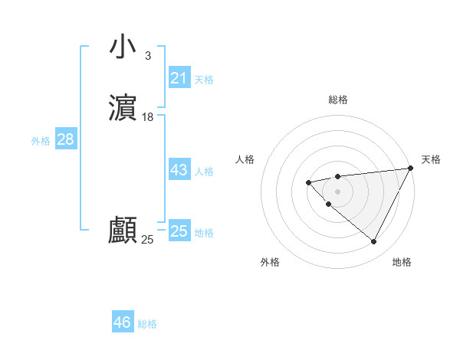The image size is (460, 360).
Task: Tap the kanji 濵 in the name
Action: tap(123, 107)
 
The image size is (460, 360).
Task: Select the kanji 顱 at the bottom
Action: tap(123, 231)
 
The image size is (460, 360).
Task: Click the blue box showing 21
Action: tap(179, 77)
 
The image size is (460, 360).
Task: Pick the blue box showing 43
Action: tap(179, 170)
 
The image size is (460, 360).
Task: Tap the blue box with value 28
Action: tap(65, 139)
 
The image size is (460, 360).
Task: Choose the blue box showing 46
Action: tap(123, 322)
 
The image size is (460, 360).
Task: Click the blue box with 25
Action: tap(179, 231)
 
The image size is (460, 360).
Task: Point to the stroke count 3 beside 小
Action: tap(147, 56)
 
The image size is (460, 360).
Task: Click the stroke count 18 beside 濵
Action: tap(148, 117)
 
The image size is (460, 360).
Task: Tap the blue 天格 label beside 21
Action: tap(204, 80)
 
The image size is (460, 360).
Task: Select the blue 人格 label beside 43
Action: tap(205, 172)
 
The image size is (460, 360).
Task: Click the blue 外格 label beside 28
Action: tap(41, 141)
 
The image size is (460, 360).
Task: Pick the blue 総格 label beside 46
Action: tap(147, 324)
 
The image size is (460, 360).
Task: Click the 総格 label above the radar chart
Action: tap(338, 100)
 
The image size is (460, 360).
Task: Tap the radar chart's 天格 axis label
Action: tap(431, 159)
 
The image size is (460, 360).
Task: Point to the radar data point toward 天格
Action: tap(412, 168)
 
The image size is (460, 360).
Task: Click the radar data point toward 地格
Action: tap(374, 242)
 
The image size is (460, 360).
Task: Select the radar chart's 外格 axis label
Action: tap(270, 262)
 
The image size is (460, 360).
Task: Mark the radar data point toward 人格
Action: tap(308, 182)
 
